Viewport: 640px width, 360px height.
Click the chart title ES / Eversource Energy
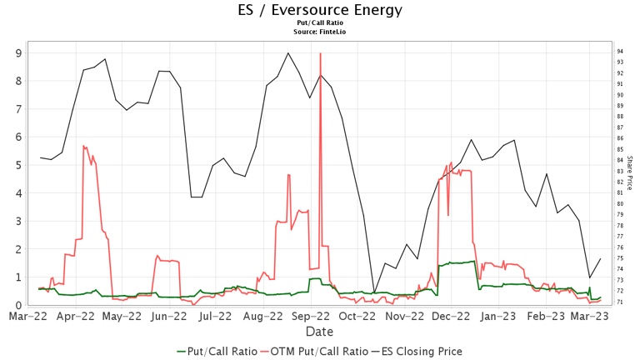[320, 10]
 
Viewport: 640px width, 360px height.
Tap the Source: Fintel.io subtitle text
[320, 32]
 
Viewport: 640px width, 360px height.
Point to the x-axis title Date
[320, 332]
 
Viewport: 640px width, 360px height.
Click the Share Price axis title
[629, 172]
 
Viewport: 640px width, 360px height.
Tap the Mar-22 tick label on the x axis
[28, 317]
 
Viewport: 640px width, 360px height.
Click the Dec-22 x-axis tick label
[451, 317]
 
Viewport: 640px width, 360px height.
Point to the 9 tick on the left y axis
[17, 52]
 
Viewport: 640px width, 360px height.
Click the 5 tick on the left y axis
[17, 165]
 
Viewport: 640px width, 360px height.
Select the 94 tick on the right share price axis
[621, 52]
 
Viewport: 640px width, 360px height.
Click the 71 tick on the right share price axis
[621, 302]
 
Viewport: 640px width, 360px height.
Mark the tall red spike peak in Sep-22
[320, 53]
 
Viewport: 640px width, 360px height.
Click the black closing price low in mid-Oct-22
[373, 293]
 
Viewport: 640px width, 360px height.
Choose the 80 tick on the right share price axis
[621, 203]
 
